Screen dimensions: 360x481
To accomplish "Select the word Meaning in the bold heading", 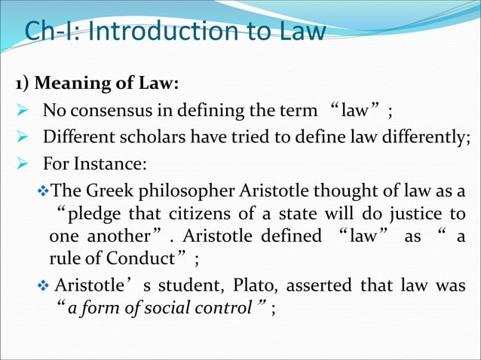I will coord(67,81).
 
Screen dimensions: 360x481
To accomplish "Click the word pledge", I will coord(96,214).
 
